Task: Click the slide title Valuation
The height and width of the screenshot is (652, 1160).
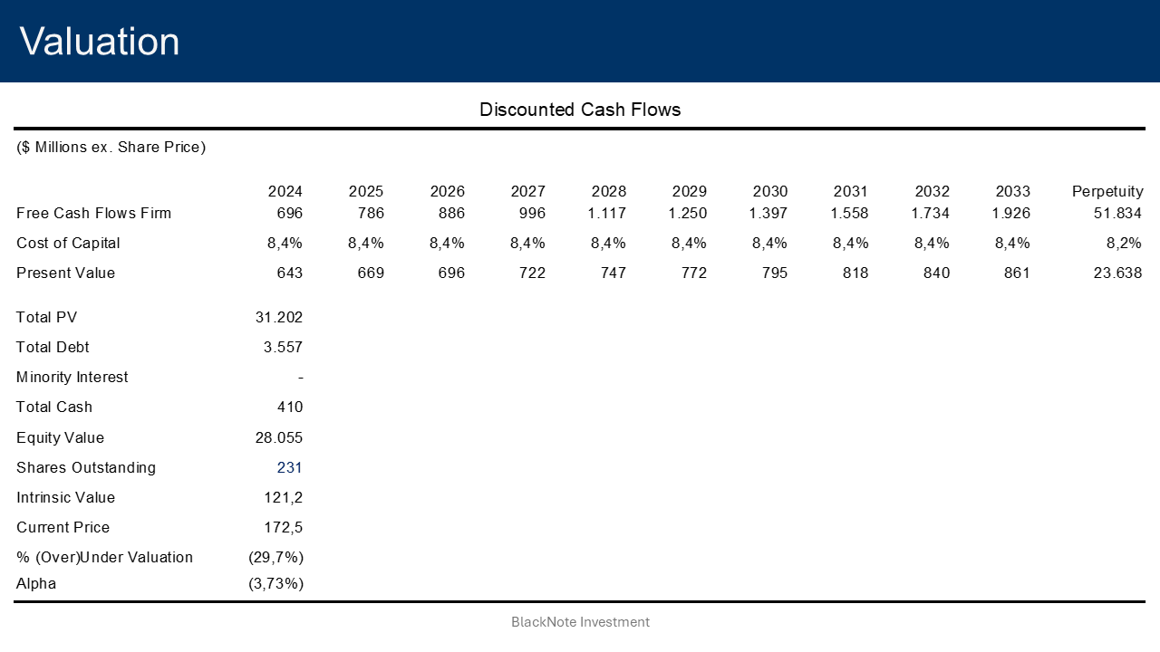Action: (x=100, y=42)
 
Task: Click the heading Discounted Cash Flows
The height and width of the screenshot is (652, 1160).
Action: (x=580, y=110)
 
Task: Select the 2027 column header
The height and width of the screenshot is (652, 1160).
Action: (x=527, y=191)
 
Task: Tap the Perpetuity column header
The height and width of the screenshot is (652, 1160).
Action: (x=1107, y=191)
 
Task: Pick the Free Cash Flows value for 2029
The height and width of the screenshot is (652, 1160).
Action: (x=689, y=213)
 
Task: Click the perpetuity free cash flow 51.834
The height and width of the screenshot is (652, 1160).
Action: (x=1117, y=213)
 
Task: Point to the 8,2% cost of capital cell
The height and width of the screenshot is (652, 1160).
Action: (x=1124, y=243)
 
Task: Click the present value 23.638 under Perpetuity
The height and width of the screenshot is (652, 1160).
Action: (x=1117, y=273)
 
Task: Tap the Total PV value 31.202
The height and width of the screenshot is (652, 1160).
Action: (x=279, y=317)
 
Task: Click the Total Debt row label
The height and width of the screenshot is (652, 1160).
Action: (x=53, y=347)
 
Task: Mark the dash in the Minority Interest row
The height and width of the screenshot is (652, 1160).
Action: (x=299, y=378)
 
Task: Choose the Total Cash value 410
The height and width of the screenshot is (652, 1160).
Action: (x=289, y=407)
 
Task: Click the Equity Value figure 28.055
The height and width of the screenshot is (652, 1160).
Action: (x=279, y=437)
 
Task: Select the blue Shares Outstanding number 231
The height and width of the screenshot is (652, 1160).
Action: (x=289, y=467)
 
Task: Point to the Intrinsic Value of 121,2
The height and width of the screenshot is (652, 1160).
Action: (x=284, y=497)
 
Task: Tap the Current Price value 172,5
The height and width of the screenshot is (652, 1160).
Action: (x=284, y=527)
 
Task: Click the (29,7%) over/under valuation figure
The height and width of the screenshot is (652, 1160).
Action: (x=275, y=557)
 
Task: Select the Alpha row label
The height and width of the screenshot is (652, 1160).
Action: (x=36, y=583)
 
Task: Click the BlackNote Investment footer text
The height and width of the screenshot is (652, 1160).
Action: (x=580, y=622)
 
